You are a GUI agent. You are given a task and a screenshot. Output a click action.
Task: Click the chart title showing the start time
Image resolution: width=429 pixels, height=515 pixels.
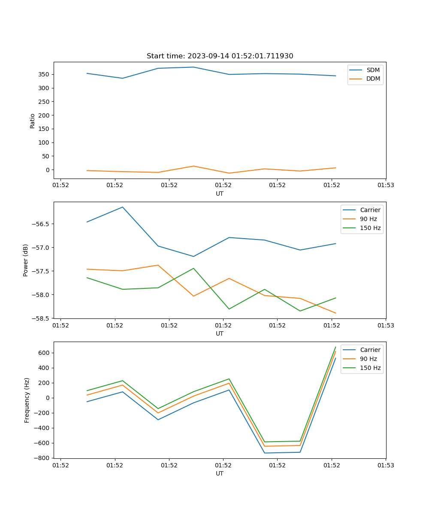tap(220, 56)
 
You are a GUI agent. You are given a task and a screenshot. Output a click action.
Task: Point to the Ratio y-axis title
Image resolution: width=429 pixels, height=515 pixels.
tap(33, 121)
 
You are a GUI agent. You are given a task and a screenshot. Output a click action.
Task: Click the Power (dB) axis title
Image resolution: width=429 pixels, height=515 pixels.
tap(26, 260)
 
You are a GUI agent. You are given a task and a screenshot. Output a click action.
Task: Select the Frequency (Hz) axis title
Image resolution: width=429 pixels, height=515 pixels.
tap(27, 400)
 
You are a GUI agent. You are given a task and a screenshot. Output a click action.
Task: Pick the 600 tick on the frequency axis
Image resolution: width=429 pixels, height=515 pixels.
tap(45, 353)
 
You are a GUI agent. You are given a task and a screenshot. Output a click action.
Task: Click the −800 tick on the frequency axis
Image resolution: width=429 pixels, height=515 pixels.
tap(43, 458)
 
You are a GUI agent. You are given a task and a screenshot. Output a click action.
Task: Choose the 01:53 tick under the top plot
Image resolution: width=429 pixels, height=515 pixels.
tap(386, 185)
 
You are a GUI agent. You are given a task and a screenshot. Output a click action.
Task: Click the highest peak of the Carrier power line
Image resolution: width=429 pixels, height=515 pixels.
tap(123, 207)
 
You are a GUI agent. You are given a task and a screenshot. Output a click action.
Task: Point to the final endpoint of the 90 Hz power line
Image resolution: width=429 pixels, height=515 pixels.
tap(335, 313)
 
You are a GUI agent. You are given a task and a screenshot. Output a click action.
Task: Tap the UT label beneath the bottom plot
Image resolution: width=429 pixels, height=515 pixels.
tap(220, 473)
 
